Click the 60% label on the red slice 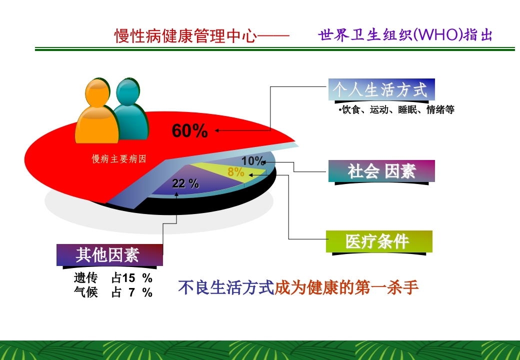point(189,131)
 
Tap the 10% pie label point(253,161)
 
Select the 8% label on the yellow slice point(236,172)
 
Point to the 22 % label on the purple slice point(185,183)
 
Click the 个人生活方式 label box point(381,90)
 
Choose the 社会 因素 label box point(381,171)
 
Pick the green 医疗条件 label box point(378,241)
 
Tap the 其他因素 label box point(109,255)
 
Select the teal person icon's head point(128,91)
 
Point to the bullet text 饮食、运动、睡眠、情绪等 point(397,110)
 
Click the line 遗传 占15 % point(113,278)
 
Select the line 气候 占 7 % point(113,292)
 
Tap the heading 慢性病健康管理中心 point(185,36)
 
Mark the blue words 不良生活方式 point(226,288)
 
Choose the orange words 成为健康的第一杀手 point(346,288)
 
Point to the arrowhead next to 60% point(218,131)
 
